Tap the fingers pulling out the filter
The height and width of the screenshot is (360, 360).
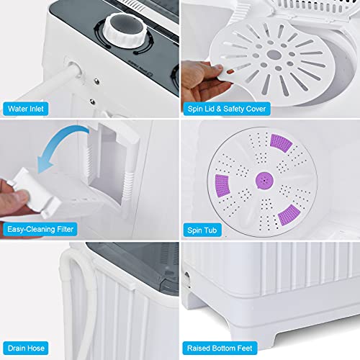(x=11, y=194)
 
